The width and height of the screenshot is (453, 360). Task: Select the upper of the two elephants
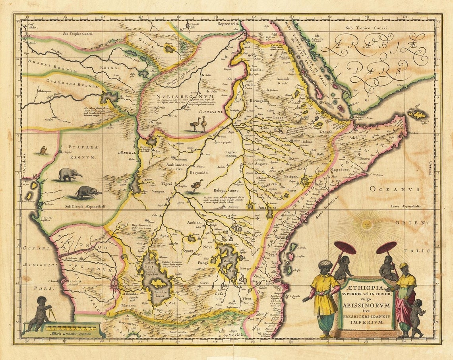click(x=69, y=174)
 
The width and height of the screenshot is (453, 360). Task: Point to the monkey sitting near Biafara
click(x=43, y=150)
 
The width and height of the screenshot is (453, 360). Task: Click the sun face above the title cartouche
click(x=366, y=225)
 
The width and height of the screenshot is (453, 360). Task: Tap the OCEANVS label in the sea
click(x=394, y=189)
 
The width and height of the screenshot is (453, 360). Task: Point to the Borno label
click(x=106, y=68)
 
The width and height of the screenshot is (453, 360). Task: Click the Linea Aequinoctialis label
click(x=406, y=207)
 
